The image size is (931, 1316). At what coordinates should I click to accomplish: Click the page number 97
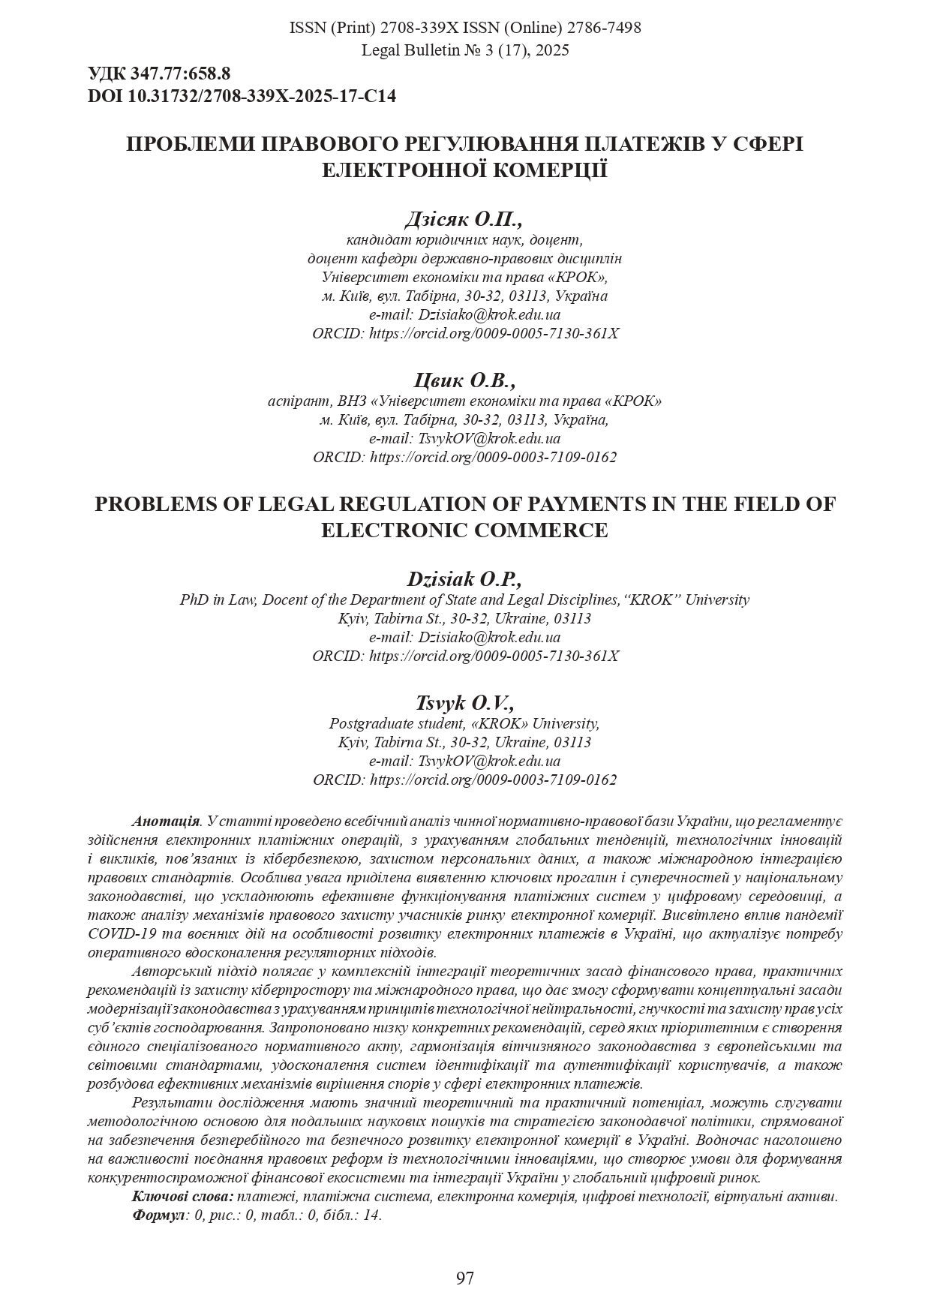coord(465,1278)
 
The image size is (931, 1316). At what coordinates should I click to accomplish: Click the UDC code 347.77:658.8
coord(180,74)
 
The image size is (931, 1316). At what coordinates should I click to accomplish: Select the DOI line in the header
coord(242,96)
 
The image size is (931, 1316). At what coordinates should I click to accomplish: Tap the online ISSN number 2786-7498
coord(604,29)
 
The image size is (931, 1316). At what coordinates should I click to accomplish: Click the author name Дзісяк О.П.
coord(463,219)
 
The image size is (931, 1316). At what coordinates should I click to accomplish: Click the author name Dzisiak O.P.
coord(464,579)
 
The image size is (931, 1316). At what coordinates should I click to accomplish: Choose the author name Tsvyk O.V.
coord(465,703)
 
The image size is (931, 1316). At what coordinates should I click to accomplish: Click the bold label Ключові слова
coord(182,1197)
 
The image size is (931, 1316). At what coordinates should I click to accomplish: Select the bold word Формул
coord(158,1215)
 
